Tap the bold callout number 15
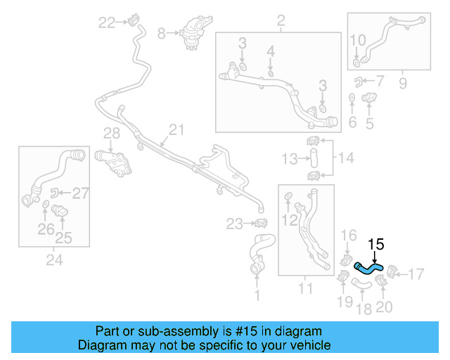click(x=376, y=245)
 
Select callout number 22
click(x=107, y=23)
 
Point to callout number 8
click(x=162, y=32)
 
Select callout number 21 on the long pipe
click(x=176, y=129)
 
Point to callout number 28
click(x=112, y=134)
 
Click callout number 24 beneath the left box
click(x=54, y=260)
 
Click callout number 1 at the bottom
click(x=256, y=296)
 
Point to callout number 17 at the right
click(x=417, y=272)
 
